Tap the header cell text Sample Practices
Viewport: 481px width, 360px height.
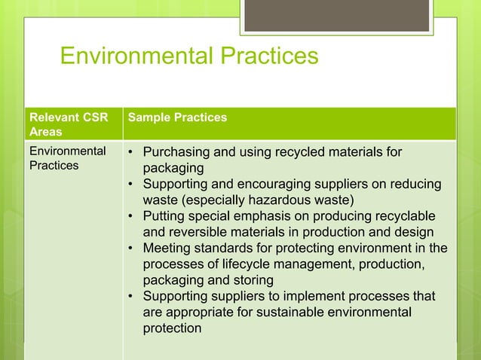178,117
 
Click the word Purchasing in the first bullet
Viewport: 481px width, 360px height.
174,153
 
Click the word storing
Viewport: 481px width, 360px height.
251,279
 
